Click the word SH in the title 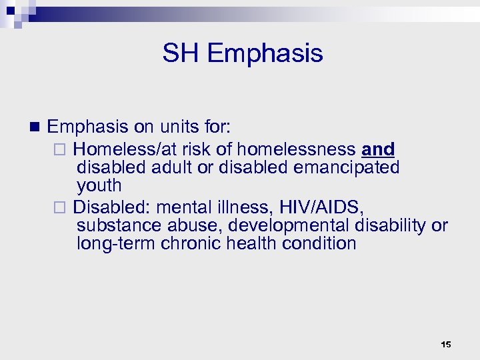[180, 53]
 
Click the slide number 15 [446, 344]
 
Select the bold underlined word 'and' [378, 149]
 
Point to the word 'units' [175, 126]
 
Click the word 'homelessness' [296, 149]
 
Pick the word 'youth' [99, 185]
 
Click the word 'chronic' [191, 243]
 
